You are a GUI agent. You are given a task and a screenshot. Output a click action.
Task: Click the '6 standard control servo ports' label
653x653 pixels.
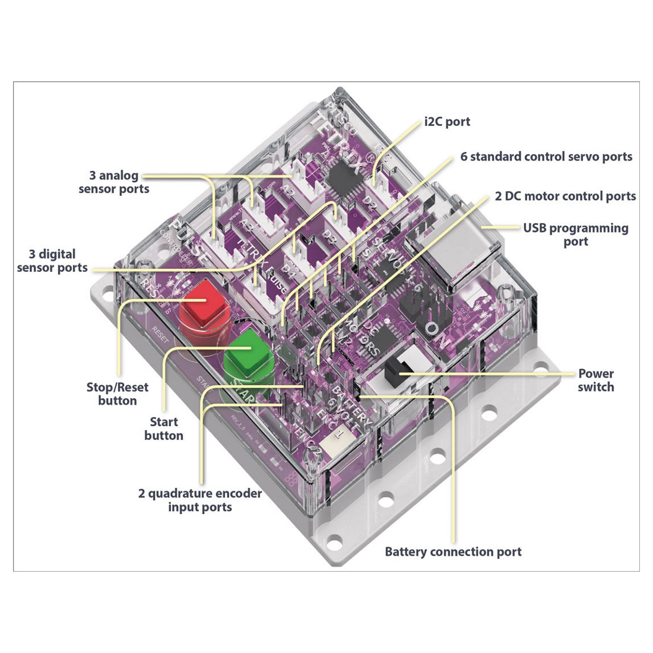[546, 157]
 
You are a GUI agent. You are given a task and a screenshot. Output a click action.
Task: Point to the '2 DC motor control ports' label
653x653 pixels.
[565, 196]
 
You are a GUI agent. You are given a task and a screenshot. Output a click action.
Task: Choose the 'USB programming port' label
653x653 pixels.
[575, 234]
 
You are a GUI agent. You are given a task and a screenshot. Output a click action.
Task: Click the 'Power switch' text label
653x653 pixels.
[595, 380]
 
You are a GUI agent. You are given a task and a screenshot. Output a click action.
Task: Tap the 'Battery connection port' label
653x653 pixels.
[453, 551]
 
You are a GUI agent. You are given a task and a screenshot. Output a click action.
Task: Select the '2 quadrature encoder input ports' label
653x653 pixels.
[200, 500]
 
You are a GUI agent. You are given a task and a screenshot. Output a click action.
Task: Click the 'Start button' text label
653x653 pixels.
[164, 429]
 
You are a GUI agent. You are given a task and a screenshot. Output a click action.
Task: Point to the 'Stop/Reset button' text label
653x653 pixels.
[118, 394]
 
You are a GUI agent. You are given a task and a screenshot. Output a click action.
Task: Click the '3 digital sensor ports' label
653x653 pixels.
[52, 261]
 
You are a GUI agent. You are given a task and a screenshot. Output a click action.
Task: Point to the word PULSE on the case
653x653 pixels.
[189, 240]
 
